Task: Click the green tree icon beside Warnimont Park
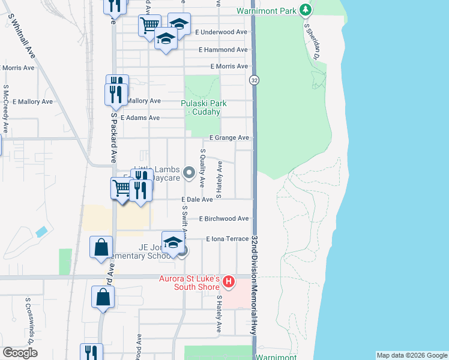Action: [x=306, y=10]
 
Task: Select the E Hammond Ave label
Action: [x=223, y=50]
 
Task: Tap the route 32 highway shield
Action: [x=255, y=80]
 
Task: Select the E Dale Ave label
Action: [x=197, y=199]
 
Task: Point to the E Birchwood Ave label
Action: [x=223, y=219]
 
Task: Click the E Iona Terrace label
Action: [x=227, y=239]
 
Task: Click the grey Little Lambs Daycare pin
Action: [x=188, y=173]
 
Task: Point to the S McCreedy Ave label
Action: [x=5, y=109]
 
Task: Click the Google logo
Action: [x=20, y=353]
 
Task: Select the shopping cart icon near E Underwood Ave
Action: [x=149, y=25]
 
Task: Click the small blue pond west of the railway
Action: [x=41, y=231]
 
